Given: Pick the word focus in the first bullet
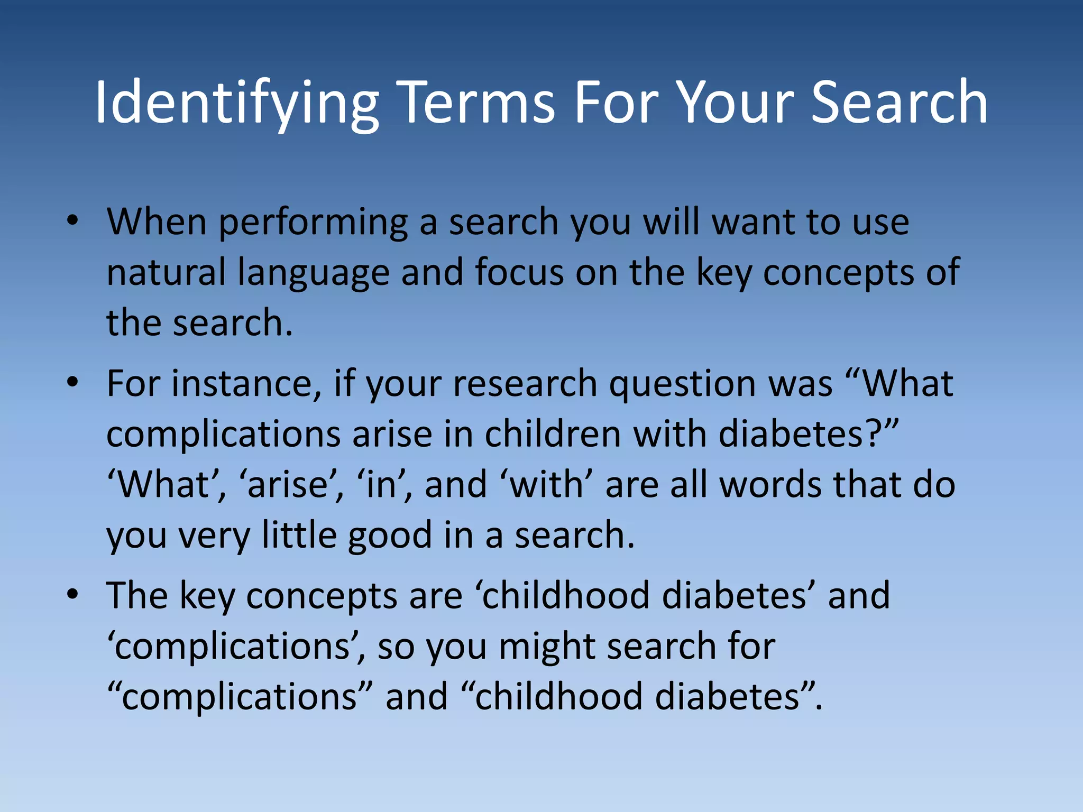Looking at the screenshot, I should click(x=519, y=272).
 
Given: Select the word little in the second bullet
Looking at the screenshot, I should click(x=299, y=535).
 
